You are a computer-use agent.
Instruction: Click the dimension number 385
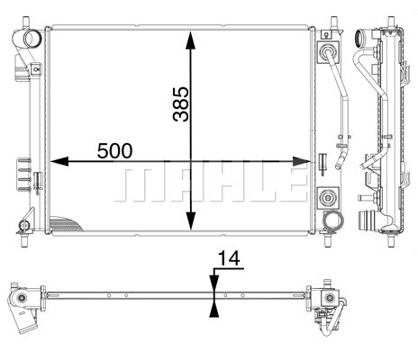tap(181, 104)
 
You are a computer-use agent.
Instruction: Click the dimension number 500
tap(114, 150)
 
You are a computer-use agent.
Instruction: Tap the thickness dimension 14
tap(229, 258)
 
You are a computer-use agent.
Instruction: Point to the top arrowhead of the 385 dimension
tap(190, 40)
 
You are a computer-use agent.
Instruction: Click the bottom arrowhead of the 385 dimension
tap(190, 220)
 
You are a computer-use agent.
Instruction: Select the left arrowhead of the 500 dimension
tap(59, 161)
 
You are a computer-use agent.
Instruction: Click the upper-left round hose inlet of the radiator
tap(32, 38)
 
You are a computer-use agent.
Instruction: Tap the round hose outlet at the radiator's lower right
tap(332, 220)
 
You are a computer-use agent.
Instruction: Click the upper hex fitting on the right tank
tap(327, 52)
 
